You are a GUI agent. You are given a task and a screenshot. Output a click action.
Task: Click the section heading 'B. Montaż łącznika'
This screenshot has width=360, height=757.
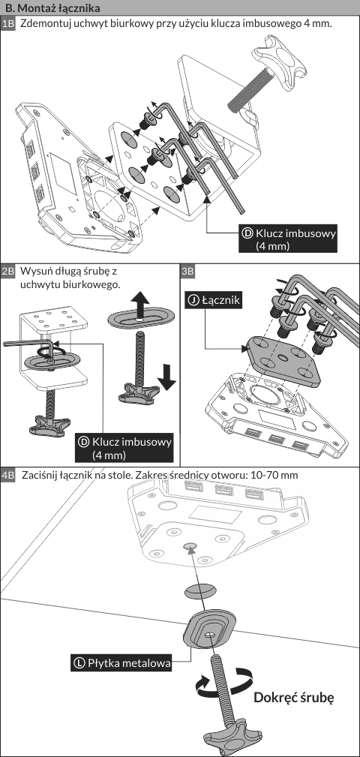[x=52, y=8]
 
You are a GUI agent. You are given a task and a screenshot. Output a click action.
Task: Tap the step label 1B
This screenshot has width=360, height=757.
[x=9, y=24]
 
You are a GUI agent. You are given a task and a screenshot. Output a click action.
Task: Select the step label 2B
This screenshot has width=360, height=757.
[x=9, y=271]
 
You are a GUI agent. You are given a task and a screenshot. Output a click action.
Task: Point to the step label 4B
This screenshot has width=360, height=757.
[x=9, y=475]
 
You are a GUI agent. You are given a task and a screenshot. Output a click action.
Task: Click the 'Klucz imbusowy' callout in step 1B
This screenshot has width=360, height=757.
[x=288, y=239]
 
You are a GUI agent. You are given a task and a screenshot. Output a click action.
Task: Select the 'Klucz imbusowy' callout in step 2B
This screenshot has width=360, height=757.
[x=124, y=448]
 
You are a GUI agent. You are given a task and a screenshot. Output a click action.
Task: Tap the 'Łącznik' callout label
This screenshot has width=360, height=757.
[x=213, y=300]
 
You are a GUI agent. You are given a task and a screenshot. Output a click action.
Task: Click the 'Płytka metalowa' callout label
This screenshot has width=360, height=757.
[x=121, y=663]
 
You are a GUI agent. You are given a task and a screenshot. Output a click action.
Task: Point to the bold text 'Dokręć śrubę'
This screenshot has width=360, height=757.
[x=294, y=698]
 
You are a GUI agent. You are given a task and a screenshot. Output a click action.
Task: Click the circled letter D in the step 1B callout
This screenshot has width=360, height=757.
[x=247, y=233]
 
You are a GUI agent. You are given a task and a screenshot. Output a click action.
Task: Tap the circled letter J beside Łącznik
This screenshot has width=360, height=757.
[x=193, y=300]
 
